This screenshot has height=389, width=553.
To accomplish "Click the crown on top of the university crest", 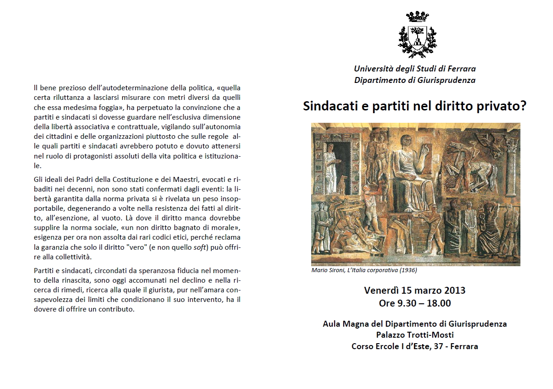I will click(417, 17).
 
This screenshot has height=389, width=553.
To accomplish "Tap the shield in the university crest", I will click(417, 38).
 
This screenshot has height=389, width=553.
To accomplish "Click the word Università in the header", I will click(372, 69).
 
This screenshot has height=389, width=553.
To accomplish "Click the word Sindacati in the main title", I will click(327, 106).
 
